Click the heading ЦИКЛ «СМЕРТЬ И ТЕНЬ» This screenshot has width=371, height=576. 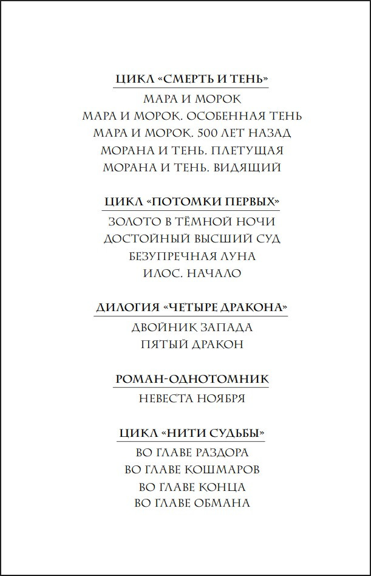192,80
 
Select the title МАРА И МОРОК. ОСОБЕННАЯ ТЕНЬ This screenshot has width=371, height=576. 192,115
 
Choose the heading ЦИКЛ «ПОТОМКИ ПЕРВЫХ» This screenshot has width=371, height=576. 192,202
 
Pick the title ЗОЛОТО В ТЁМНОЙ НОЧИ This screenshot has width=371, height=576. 192,221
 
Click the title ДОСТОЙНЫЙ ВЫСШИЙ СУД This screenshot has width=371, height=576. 192,239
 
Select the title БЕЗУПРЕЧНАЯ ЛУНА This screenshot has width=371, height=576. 192,256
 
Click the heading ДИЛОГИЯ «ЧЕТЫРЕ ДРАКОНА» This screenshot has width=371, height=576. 192,307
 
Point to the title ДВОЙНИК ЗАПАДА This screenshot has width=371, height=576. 192,327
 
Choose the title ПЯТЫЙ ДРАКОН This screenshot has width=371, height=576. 192,345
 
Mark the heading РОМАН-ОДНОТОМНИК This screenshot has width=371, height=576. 192,379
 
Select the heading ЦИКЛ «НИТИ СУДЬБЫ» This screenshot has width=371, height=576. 192,433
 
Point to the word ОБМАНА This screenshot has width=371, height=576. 221,503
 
